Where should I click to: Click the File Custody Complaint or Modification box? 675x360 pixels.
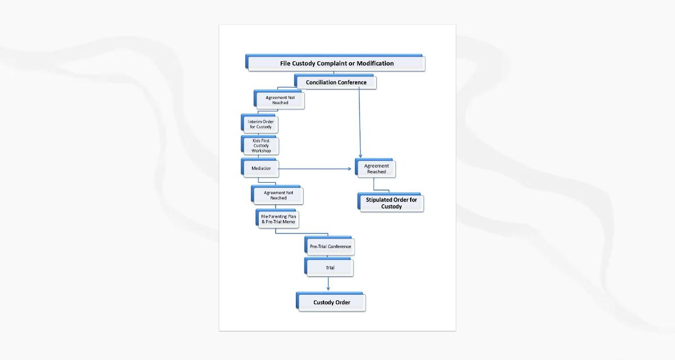pos(336,64)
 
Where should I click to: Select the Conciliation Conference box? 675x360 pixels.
pos(336,83)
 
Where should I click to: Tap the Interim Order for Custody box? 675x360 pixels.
pos(260,124)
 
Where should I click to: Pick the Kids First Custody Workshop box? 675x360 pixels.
pos(260,146)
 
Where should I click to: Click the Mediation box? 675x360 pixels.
pos(261,168)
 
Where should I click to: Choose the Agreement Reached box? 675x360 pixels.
pos(376,169)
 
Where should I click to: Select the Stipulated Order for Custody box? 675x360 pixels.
pos(391,203)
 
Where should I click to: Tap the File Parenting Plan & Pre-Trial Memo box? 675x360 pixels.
pos(278,219)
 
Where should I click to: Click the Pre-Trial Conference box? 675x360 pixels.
pos(330,246)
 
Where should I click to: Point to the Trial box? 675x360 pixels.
pos(330,268)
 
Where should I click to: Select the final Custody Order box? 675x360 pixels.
pos(332,303)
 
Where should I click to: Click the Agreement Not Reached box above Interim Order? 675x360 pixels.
pos(280,100)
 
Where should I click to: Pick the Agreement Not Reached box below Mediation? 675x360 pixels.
pos(278,195)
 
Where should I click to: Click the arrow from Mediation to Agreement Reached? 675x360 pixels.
pos(315,168)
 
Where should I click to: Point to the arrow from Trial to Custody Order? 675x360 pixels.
pos(328,284)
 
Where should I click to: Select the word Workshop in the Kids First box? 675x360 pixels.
pos(261,151)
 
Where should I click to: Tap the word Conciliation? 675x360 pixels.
pos(321,83)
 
